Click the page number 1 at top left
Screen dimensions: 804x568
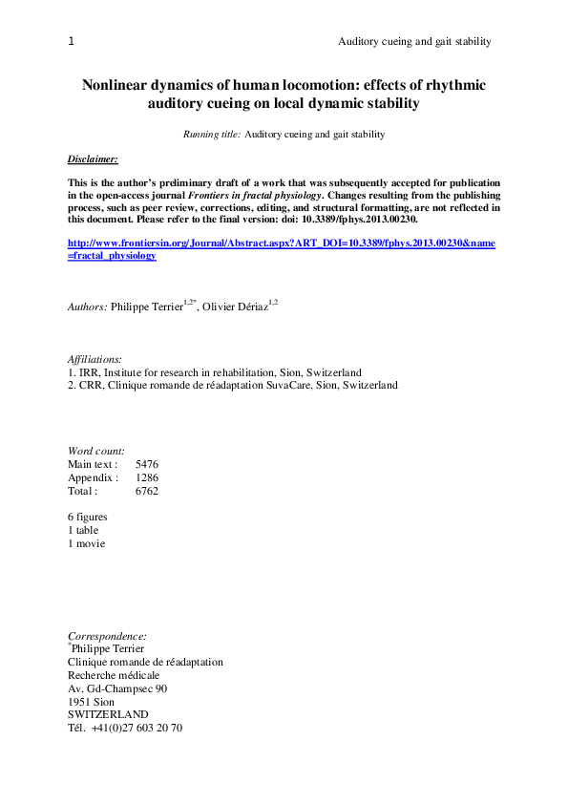pos(72,41)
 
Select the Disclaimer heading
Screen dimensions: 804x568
pos(93,158)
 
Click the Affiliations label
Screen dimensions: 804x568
pos(88,359)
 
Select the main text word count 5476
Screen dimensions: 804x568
pos(147,464)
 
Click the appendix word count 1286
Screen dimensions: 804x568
pos(147,477)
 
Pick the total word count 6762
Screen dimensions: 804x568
pos(147,491)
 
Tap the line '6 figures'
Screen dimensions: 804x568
pos(88,517)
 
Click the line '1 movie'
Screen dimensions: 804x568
pos(86,543)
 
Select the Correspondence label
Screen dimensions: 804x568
pos(107,636)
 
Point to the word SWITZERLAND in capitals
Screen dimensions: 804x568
pos(108,714)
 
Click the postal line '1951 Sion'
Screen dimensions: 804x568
pos(91,701)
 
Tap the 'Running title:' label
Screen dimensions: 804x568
pos(212,135)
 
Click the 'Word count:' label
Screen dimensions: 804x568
pos(96,451)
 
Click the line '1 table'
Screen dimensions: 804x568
pos(83,530)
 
